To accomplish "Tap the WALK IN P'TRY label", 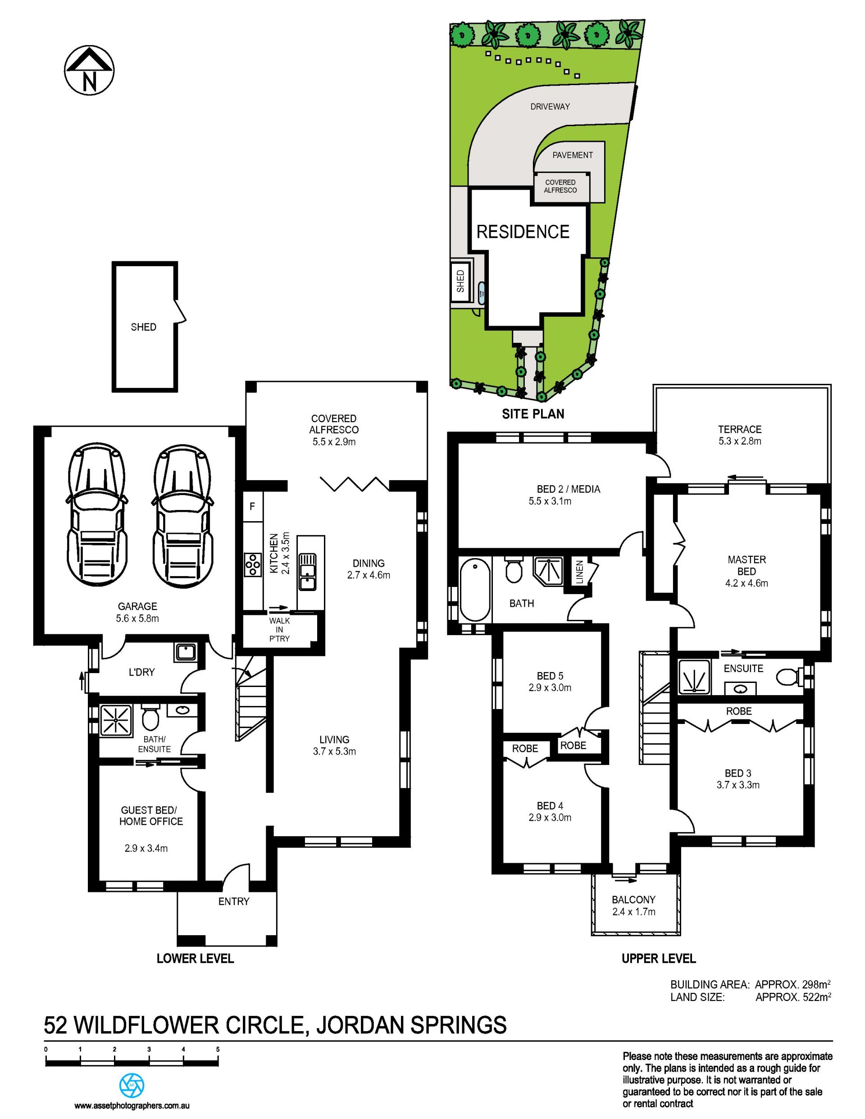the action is pyautogui.click(x=279, y=630).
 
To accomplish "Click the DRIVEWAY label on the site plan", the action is pyautogui.click(x=550, y=107).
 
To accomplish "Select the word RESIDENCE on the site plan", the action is pyautogui.click(x=523, y=232).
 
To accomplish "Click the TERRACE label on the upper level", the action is pyautogui.click(x=739, y=429).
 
